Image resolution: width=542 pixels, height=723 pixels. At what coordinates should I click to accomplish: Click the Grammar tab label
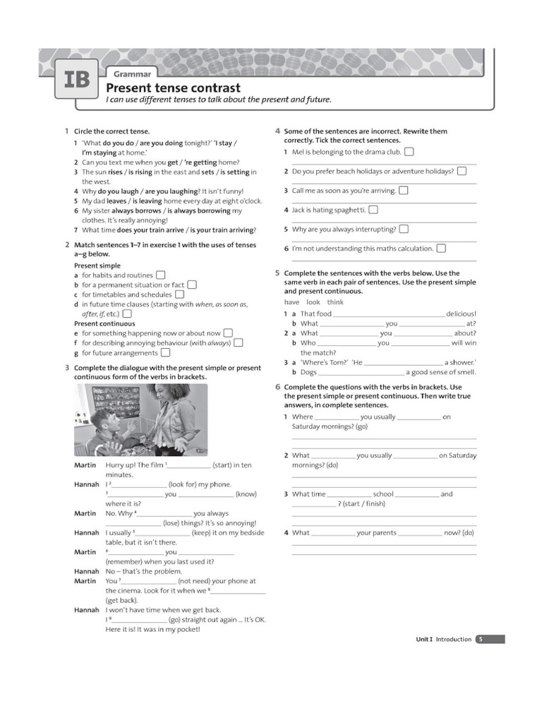(x=132, y=74)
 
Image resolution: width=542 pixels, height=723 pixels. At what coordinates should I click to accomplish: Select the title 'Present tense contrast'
(x=173, y=88)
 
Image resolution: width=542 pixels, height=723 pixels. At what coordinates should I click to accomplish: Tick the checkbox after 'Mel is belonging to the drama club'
(x=409, y=152)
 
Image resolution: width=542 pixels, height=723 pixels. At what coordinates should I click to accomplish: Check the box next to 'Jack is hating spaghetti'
(x=373, y=210)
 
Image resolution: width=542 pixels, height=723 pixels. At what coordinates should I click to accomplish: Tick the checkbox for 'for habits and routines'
(x=161, y=275)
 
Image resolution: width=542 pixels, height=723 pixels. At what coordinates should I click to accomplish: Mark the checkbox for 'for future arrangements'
(x=165, y=353)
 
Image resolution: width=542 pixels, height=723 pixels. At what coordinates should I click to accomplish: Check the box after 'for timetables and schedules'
(x=179, y=294)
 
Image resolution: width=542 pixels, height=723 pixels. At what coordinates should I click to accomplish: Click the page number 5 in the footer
(x=481, y=639)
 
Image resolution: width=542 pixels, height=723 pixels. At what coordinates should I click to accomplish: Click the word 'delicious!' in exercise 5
(x=461, y=313)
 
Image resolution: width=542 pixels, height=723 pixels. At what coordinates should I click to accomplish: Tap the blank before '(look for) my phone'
(x=140, y=484)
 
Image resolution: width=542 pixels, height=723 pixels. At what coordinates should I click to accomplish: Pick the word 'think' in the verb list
(x=335, y=302)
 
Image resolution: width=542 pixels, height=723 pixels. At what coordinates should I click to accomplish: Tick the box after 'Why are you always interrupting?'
(x=404, y=229)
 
